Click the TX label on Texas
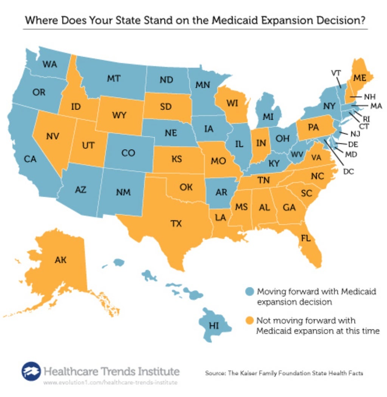pyautogui.click(x=176, y=224)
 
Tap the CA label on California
pyautogui.click(x=30, y=159)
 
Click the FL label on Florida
pyautogui.click(x=305, y=238)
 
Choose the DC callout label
pyautogui.click(x=348, y=171)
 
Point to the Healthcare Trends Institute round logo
pyautogui.click(x=31, y=372)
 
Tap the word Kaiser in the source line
pyautogui.click(x=258, y=373)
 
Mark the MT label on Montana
pyautogui.click(x=113, y=79)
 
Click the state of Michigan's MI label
pyautogui.click(x=268, y=117)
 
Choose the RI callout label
pyautogui.click(x=366, y=119)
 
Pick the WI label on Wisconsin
pyautogui.click(x=232, y=103)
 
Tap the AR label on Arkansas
pyautogui.click(x=221, y=192)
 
